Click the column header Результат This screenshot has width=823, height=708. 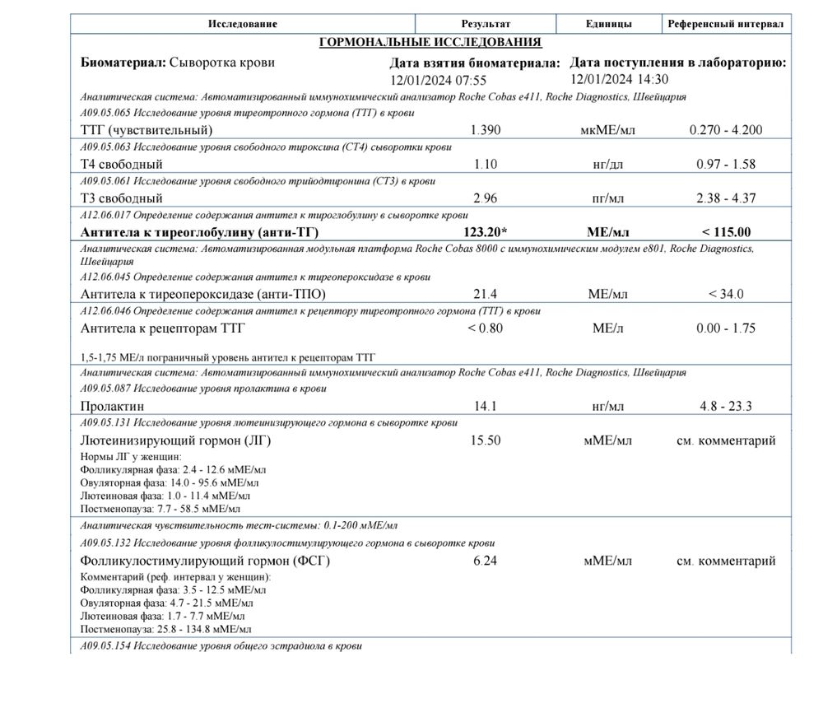486,25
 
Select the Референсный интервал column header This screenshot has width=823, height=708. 725,25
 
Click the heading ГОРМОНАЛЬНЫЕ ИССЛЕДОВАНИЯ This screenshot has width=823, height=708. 430,43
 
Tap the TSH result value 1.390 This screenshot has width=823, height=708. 486,130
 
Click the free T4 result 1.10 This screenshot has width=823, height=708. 486,164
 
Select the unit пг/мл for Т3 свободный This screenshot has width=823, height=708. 608,198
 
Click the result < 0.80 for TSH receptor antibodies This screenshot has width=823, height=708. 486,328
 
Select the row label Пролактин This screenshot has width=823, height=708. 113,406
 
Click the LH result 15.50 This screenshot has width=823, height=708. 486,440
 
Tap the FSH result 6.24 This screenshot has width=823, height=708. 486,561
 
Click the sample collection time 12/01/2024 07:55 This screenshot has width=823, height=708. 439,81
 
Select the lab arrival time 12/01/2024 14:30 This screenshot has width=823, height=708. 619,79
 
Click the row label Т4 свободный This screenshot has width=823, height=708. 122,165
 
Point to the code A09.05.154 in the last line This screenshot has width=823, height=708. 105,646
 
